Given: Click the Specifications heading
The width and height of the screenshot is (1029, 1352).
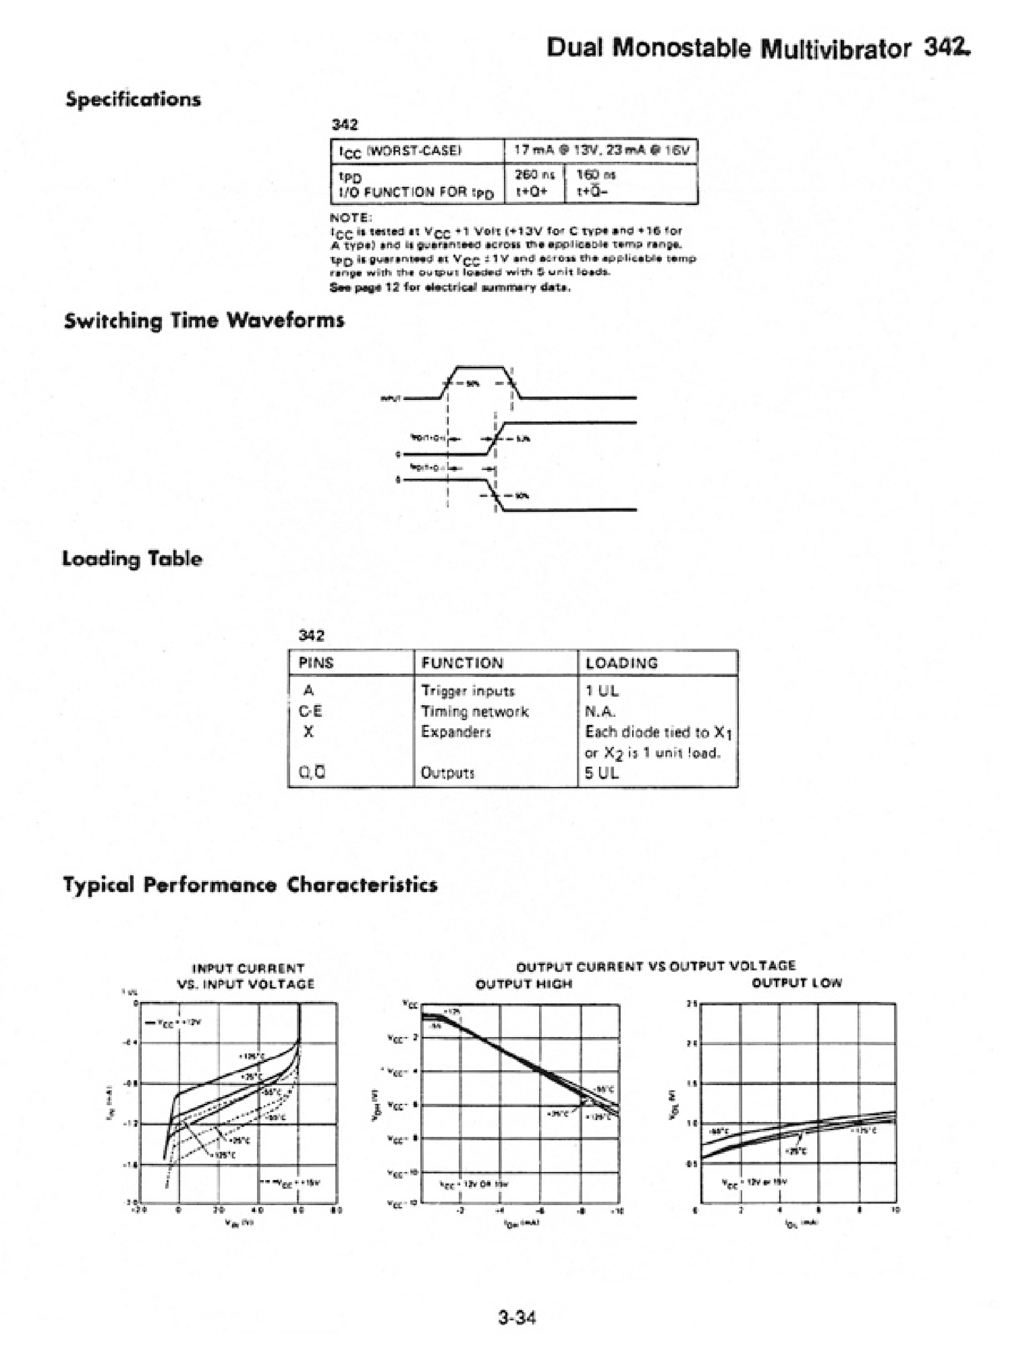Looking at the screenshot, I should coord(133,99).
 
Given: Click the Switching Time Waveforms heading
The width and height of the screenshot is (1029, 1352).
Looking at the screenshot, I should coord(204,320).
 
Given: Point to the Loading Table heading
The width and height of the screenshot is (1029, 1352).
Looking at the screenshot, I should coord(132,558).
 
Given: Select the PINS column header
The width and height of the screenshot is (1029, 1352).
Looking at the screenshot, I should coord(316,663).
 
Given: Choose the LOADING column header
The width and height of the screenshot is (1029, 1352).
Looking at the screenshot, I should coord(622,663).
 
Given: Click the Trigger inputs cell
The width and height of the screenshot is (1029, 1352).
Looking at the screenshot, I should coord(468,690).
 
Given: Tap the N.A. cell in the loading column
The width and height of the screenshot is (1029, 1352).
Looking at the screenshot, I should coord(600,711).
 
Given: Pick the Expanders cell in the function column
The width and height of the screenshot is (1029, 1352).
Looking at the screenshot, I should coord(456,731).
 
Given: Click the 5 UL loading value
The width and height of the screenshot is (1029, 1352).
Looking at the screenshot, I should coord(601,773).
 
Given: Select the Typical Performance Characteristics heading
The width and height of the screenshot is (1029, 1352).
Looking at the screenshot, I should coord(250,885).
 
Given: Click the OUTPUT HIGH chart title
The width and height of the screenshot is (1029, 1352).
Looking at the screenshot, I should coord(524,984).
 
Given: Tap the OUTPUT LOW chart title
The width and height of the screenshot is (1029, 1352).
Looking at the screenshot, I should coord(797,983).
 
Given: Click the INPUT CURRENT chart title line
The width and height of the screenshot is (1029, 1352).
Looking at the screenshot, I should coord(248,968).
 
